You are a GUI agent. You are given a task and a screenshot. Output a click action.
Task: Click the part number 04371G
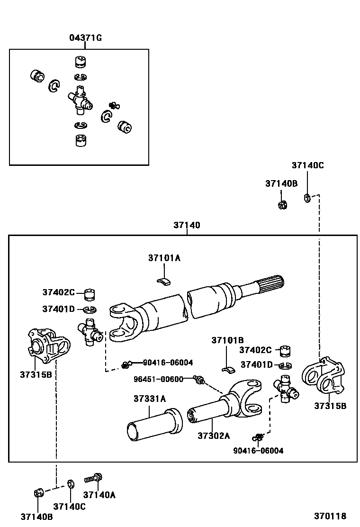(85, 37)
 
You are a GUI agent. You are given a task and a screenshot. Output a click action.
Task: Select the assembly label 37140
(187, 225)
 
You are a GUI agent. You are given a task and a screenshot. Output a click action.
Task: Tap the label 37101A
(164, 258)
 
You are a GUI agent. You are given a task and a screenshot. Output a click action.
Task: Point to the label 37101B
(227, 340)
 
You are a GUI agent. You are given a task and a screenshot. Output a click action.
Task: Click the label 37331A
(150, 399)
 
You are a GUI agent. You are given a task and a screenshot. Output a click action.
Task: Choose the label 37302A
(214, 436)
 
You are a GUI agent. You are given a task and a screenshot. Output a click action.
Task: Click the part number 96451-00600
(158, 379)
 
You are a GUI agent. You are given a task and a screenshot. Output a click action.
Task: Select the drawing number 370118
(330, 516)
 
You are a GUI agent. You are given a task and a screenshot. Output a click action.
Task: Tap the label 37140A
(99, 495)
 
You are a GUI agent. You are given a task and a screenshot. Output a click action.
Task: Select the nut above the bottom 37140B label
(39, 493)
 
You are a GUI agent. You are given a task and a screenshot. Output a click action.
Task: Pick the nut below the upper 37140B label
(282, 205)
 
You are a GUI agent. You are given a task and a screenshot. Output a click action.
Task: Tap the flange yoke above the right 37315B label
(324, 376)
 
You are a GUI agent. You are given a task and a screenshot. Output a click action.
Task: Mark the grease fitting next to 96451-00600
(199, 380)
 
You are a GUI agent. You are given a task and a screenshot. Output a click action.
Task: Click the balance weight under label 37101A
(164, 281)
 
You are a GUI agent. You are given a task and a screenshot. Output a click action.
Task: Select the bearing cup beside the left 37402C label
(89, 294)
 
